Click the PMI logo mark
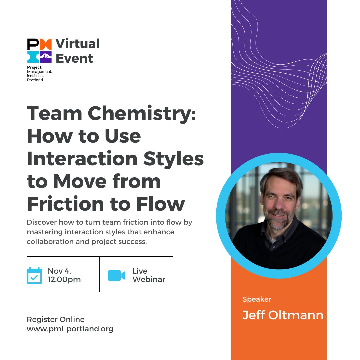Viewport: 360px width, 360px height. (x=39, y=51)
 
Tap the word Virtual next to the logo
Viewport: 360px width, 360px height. (x=78, y=44)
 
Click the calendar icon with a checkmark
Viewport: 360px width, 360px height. (x=34, y=275)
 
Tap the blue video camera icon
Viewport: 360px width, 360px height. (x=116, y=275)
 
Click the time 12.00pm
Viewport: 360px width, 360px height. (x=64, y=279)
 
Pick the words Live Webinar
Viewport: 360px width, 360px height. (x=149, y=275)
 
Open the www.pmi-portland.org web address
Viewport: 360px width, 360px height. (x=70, y=329)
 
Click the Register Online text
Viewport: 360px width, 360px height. (x=56, y=320)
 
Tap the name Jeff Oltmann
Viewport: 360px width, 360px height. (x=283, y=315)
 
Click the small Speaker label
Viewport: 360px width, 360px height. (x=257, y=299)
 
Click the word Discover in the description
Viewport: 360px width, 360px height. (x=42, y=222)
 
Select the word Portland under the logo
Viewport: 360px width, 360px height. (x=35, y=80)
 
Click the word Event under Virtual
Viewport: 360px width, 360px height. (x=74, y=58)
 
